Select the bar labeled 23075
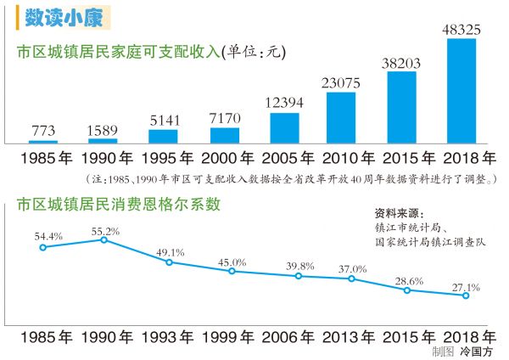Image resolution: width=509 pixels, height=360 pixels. pos(340,116)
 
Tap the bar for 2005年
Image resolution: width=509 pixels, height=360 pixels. pos(284,127)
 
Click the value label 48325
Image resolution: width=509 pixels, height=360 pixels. pos(462,30)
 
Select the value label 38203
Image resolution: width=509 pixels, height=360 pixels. pos(401,62)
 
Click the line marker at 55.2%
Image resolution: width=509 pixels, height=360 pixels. pos(104,240)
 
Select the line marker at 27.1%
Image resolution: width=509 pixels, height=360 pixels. pos(466,295)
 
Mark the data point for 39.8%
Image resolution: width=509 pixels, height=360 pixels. pos(298,276)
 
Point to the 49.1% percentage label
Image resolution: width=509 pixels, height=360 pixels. pos(170,252)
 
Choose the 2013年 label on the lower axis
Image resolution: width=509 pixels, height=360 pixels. pos(348,335)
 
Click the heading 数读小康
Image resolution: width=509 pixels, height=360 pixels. pos(53,17)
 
